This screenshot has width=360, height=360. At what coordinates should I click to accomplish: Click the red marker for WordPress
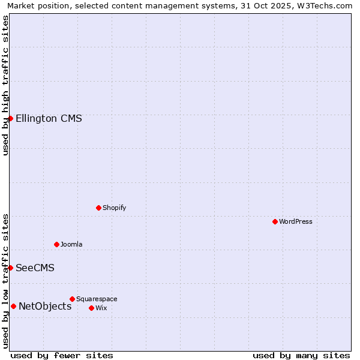coord(275,221)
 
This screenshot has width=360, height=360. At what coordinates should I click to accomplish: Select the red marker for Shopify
coord(98,208)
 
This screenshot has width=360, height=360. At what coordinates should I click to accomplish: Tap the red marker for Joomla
coord(56,244)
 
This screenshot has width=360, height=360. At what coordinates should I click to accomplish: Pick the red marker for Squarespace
coord(72,299)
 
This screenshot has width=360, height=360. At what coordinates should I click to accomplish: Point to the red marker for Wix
coord(91,308)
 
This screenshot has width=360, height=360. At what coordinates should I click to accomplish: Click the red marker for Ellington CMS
coord(10,118)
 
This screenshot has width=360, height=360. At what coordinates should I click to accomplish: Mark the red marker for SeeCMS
coord(10,268)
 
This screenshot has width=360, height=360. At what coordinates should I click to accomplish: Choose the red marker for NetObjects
coord(13,306)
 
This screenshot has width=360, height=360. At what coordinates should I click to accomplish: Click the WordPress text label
coord(296,221)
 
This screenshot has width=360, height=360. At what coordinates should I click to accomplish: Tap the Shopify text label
coord(114,208)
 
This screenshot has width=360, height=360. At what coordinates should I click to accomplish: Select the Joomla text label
coord(71,244)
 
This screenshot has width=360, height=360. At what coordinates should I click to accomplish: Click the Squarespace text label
coord(97,299)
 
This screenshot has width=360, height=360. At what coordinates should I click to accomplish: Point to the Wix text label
coord(101,308)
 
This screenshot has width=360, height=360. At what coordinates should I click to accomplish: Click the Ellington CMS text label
coord(49,118)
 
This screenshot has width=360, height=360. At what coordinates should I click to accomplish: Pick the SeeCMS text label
coord(35,268)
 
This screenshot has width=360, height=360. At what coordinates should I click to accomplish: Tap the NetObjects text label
coord(45,306)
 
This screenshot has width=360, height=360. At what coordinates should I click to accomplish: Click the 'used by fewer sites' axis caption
coord(62,355)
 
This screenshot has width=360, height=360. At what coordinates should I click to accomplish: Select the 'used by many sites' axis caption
coord(301,355)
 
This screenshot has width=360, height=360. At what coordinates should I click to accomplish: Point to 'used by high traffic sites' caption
coord(5,85)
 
